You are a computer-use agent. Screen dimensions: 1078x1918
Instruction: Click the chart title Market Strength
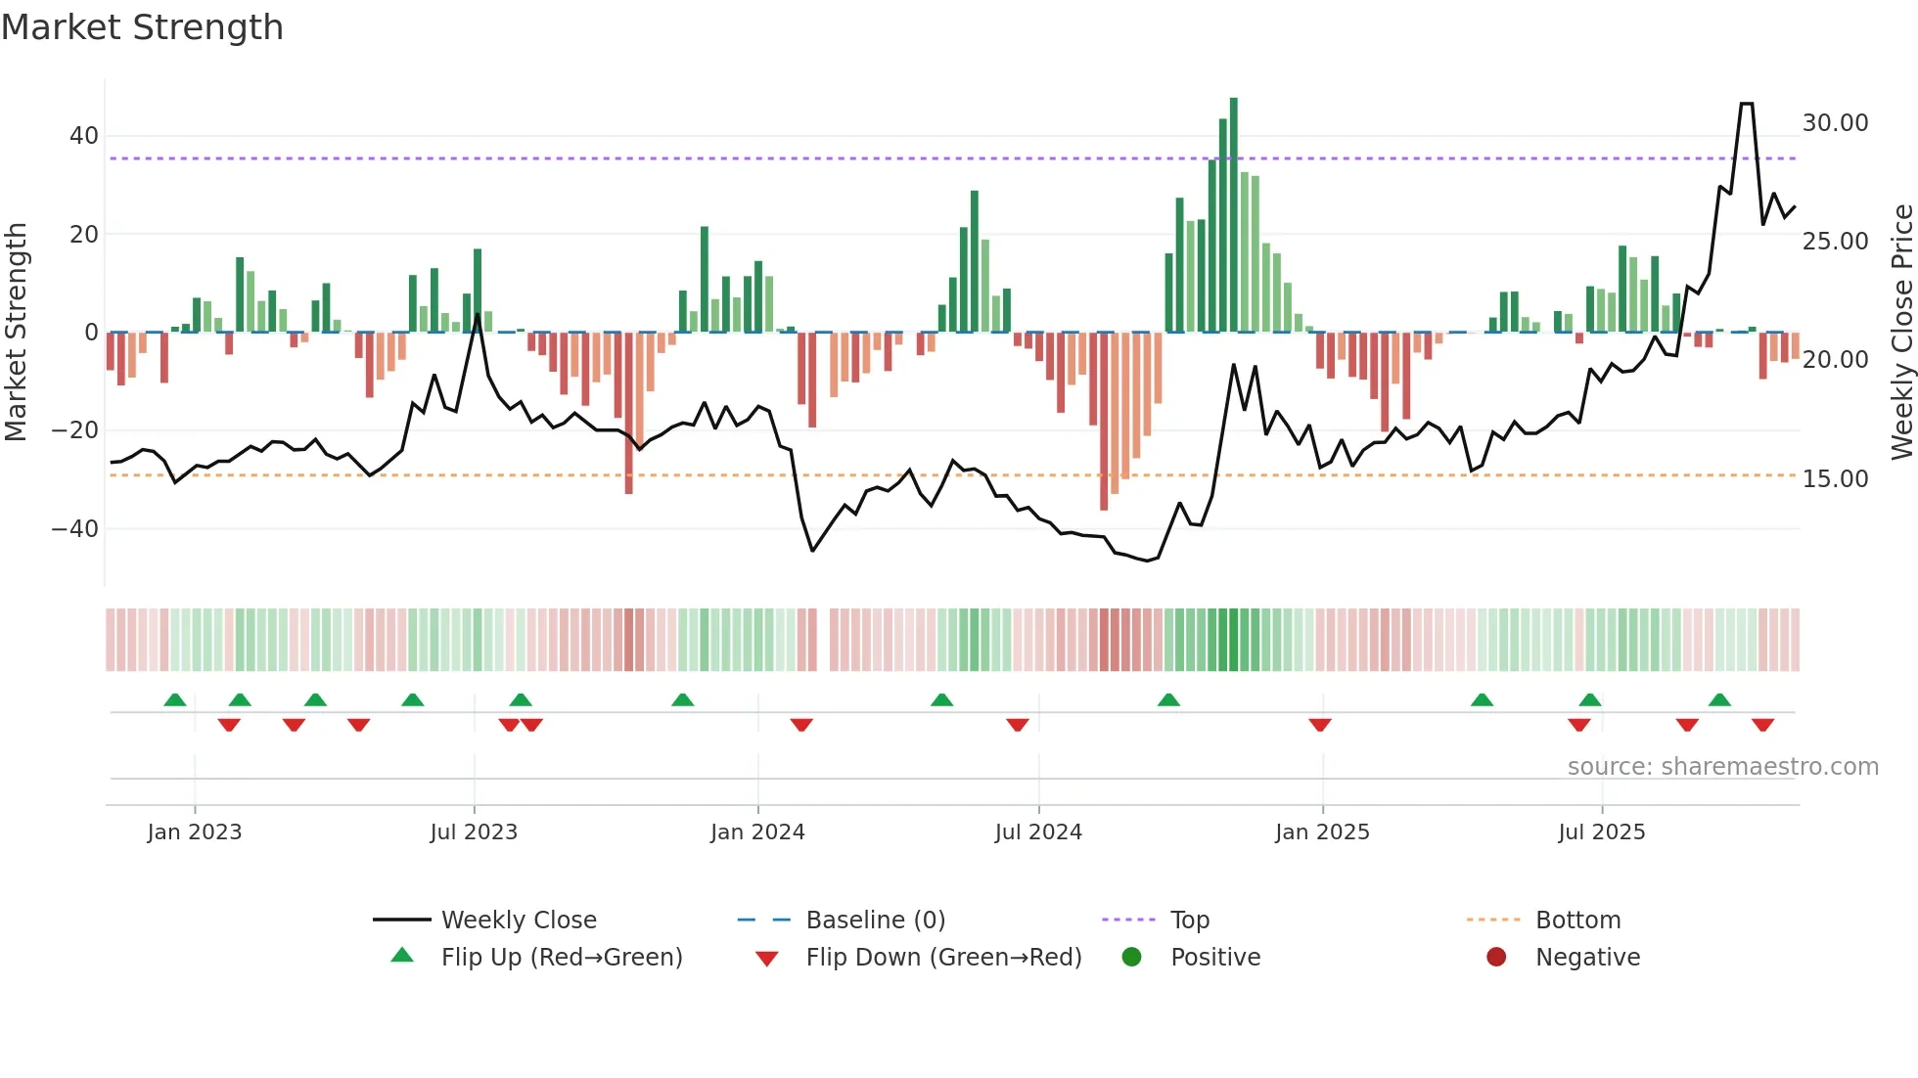pyautogui.click(x=142, y=27)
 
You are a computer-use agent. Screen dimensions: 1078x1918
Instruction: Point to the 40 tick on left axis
pyautogui.click(x=84, y=136)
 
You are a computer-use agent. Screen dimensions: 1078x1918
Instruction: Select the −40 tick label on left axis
pyautogui.click(x=75, y=529)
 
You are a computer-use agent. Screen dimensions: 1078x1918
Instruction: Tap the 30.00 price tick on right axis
pyautogui.click(x=1835, y=123)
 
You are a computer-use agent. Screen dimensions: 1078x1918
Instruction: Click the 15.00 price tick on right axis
pyautogui.click(x=1835, y=479)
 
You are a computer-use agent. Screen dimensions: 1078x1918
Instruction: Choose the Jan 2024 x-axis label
pyautogui.click(x=757, y=832)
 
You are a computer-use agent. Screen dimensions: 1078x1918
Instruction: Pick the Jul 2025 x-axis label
pyautogui.click(x=1601, y=832)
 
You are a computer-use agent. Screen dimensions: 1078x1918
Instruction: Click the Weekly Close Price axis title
pyautogui.click(x=1901, y=332)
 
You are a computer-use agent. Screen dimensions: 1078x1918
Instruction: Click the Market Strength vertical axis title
pyautogui.click(x=16, y=332)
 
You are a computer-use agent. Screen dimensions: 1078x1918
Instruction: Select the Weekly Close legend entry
pyautogui.click(x=518, y=921)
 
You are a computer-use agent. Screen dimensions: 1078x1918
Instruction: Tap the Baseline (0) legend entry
pyautogui.click(x=875, y=921)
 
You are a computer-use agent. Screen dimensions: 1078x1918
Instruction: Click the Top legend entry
pyautogui.click(x=1189, y=921)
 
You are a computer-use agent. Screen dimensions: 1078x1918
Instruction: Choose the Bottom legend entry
pyautogui.click(x=1577, y=921)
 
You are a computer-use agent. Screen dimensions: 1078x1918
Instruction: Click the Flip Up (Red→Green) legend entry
pyautogui.click(x=561, y=958)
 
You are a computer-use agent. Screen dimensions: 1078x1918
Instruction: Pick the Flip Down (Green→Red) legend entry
pyautogui.click(x=943, y=958)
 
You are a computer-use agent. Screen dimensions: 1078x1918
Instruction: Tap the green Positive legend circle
pyautogui.click(x=1131, y=958)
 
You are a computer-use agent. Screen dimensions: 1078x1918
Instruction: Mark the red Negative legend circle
pyautogui.click(x=1495, y=958)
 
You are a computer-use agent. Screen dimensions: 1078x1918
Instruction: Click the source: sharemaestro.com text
pyautogui.click(x=1722, y=767)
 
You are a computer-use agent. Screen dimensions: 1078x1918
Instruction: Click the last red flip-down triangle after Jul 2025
pyautogui.click(x=1762, y=725)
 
